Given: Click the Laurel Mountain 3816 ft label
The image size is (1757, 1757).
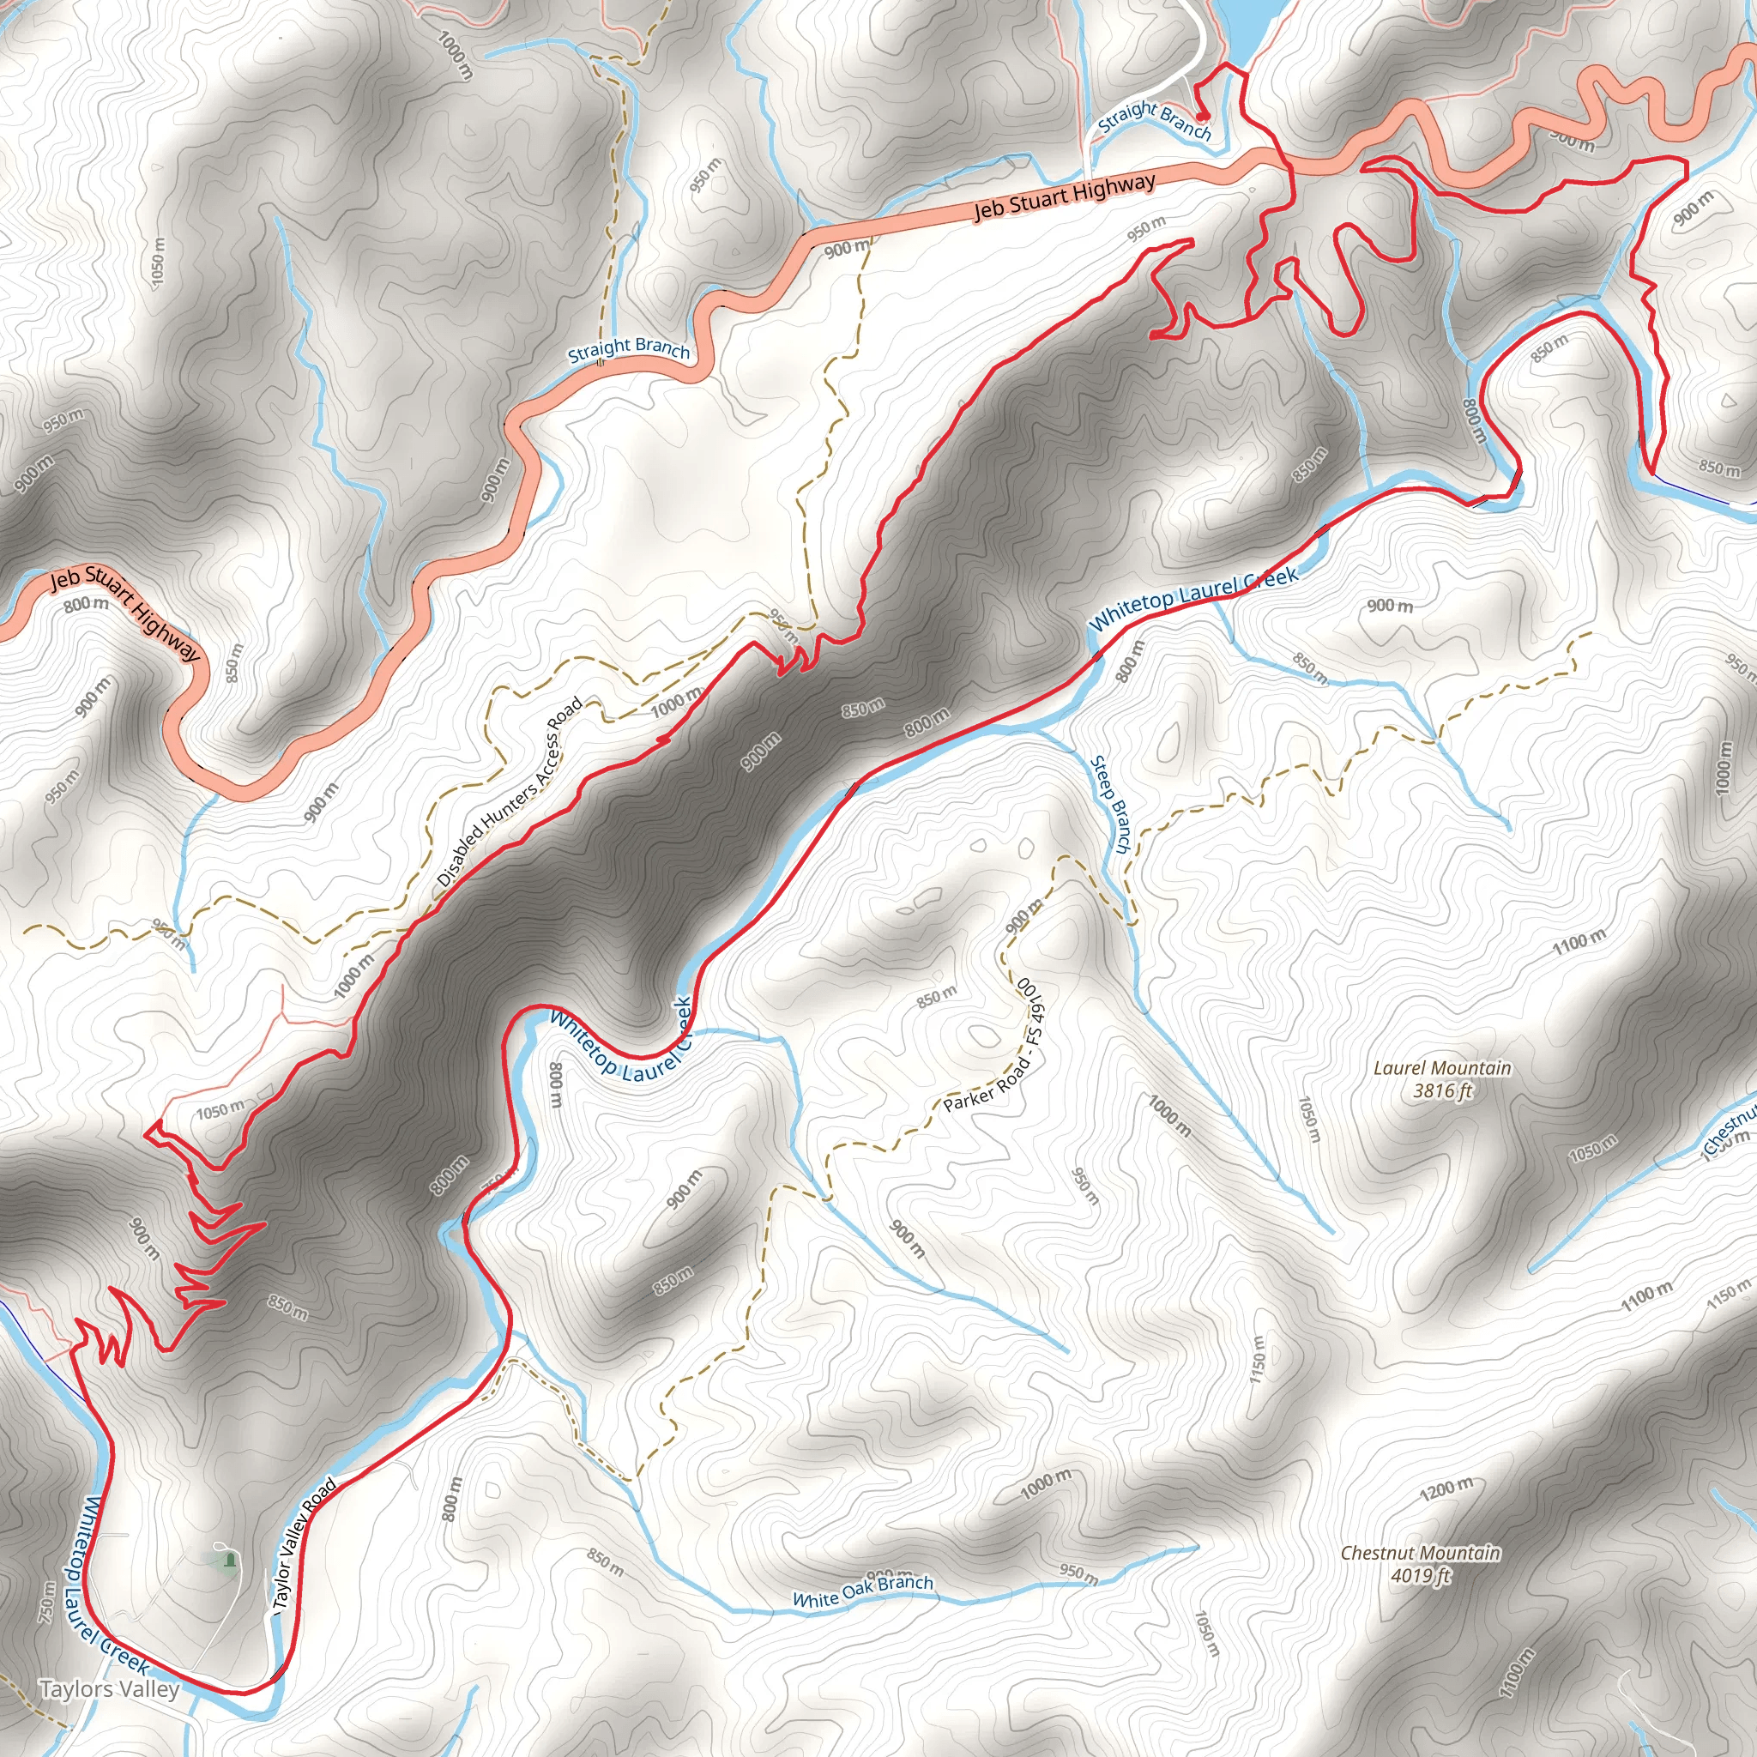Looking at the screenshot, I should point(1441,1078).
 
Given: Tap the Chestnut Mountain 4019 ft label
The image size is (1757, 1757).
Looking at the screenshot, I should point(1420,1563).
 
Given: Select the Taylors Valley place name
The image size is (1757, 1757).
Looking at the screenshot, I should point(109,1688).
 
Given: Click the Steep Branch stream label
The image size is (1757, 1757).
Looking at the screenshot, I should point(1110,804).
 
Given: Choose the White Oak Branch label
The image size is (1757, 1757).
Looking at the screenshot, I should point(862,1591).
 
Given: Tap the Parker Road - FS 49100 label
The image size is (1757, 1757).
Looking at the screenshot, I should point(999,1058).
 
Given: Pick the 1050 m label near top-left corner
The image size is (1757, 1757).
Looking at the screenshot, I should point(158,263).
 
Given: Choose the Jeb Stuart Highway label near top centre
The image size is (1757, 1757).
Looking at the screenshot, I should point(1064,196).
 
